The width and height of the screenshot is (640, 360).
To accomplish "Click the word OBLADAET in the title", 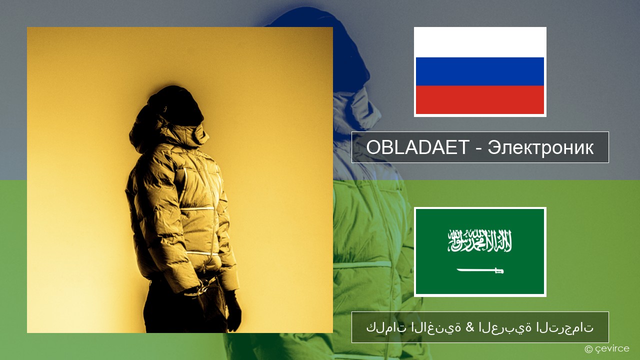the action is point(418,147).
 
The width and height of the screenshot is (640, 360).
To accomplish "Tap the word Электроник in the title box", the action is point(540,147).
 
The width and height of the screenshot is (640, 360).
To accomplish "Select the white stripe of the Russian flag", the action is point(480,42).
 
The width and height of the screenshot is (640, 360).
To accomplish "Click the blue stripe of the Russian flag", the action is point(480,71).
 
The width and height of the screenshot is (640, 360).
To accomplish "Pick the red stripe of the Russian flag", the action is point(480,100).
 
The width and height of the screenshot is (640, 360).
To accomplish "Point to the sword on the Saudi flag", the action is point(480,270).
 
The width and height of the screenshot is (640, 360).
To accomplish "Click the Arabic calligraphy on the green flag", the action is point(479,240).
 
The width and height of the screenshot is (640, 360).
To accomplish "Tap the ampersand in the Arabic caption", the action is point(470,327).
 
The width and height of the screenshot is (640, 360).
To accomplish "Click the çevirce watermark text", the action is point(612,348).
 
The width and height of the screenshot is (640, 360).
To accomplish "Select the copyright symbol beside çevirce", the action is point(588,349).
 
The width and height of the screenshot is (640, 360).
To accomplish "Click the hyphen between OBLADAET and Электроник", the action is point(479,149).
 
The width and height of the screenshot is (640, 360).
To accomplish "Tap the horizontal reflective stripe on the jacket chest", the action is point(197,208).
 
